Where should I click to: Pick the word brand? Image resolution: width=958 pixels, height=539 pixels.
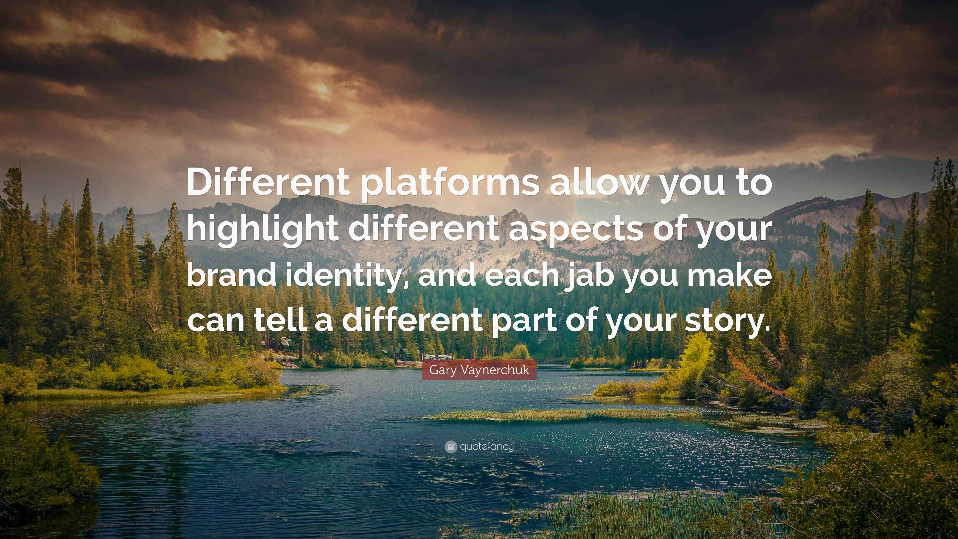230,275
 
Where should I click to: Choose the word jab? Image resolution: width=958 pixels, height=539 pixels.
588,277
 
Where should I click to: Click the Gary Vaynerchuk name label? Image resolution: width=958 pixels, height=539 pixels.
479,370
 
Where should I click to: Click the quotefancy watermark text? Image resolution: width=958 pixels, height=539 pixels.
487,446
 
